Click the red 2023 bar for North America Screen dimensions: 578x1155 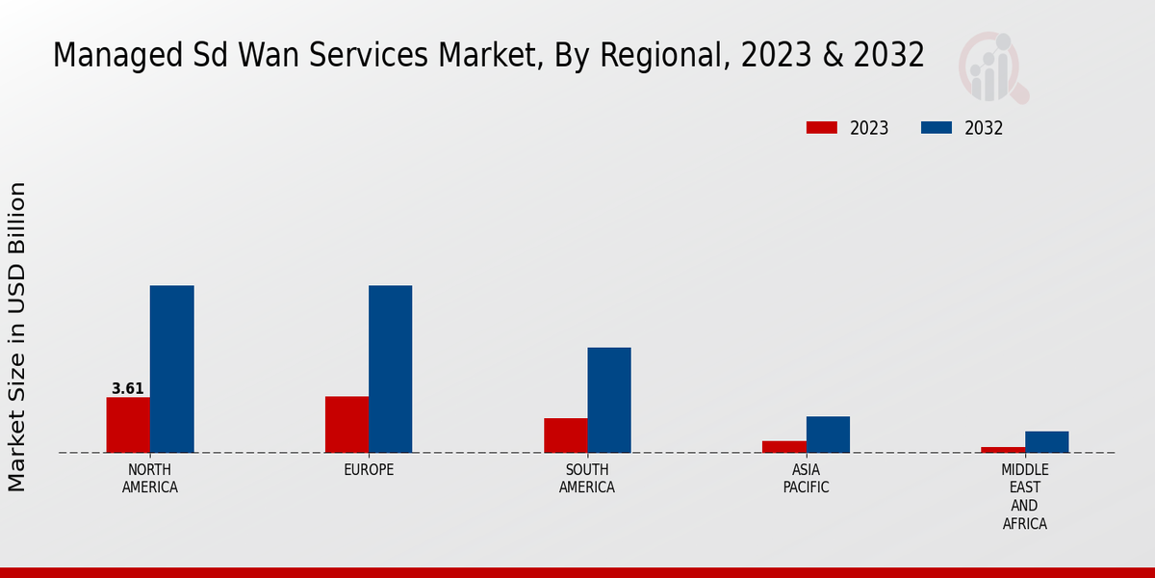pyautogui.click(x=128, y=425)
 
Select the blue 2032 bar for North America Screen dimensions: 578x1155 pyautogui.click(x=171, y=369)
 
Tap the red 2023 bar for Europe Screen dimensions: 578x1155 pyautogui.click(x=346, y=425)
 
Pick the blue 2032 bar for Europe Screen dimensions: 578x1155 pyautogui.click(x=390, y=369)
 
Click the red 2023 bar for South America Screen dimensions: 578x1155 pyautogui.click(x=565, y=435)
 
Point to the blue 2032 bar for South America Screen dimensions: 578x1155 pyautogui.click(x=609, y=400)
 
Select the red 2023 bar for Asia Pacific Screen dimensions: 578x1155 pyautogui.click(x=783, y=447)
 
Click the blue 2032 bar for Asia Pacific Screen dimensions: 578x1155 pyautogui.click(x=828, y=434)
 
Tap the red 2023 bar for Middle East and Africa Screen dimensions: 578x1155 pyautogui.click(x=1003, y=450)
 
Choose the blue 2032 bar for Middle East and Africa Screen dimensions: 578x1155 pyautogui.click(x=1046, y=442)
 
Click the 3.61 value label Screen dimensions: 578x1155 pyautogui.click(x=128, y=389)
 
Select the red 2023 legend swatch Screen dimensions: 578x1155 pyautogui.click(x=822, y=128)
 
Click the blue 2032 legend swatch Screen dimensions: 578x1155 pyautogui.click(x=937, y=128)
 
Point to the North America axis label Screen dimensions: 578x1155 pyautogui.click(x=149, y=479)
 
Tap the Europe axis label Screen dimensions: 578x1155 pyautogui.click(x=369, y=470)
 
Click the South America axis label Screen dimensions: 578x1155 pyautogui.click(x=587, y=479)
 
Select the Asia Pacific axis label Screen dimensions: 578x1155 pyautogui.click(x=806, y=479)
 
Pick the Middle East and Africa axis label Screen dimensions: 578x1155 pyautogui.click(x=1024, y=497)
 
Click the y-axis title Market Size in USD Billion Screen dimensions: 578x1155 pyautogui.click(x=17, y=337)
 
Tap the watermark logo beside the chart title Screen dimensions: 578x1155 pyautogui.click(x=993, y=67)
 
